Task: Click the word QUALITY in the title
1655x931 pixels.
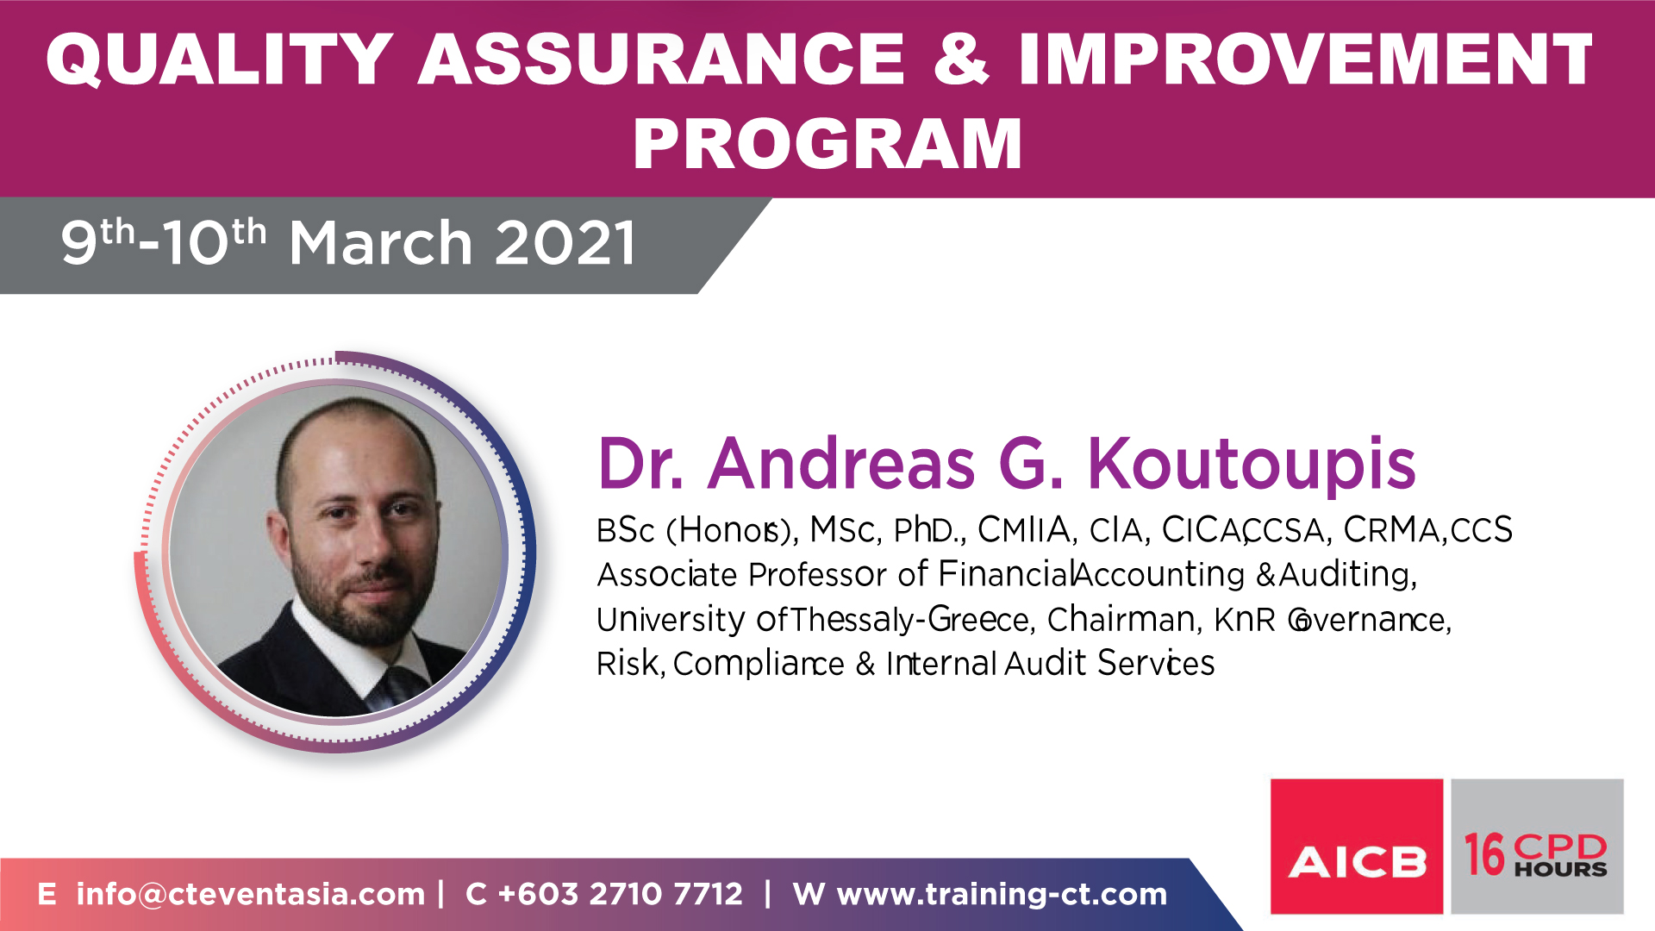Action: click(x=220, y=59)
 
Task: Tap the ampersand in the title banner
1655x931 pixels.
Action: click(x=961, y=59)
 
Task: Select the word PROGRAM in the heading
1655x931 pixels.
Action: click(x=827, y=144)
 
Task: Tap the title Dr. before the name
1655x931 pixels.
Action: click(x=640, y=464)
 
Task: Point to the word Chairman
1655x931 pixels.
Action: click(x=1121, y=619)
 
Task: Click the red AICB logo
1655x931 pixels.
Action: click(x=1357, y=847)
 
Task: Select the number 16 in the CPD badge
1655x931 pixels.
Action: click(x=1483, y=854)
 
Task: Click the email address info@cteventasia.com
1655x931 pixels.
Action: click(x=251, y=894)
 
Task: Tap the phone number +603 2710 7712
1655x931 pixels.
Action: click(x=621, y=894)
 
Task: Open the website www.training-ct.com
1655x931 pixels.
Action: click(x=1002, y=895)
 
